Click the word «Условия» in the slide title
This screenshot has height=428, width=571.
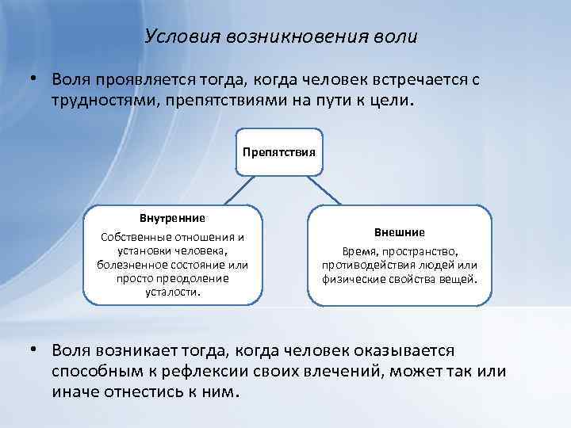173,37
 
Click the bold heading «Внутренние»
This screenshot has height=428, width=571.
172,217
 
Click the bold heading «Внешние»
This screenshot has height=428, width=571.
400,232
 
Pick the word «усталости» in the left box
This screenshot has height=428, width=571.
172,291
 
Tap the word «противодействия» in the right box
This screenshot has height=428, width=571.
367,265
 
